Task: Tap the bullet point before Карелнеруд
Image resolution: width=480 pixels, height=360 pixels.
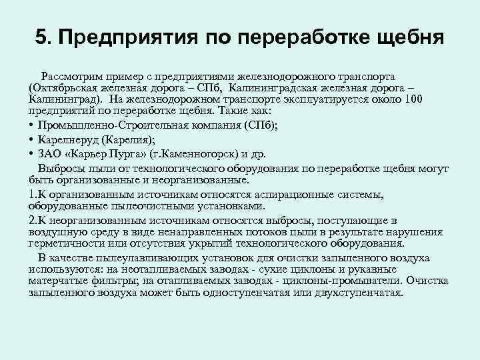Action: [33, 139]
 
